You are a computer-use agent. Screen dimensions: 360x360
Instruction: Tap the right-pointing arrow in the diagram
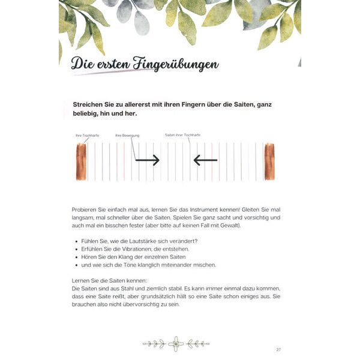point(147,160)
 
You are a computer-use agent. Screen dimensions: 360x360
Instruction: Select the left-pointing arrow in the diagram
point(205,160)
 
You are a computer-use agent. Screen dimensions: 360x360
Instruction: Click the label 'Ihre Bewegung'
point(127,136)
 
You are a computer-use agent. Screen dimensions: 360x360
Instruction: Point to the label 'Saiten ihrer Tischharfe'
point(182,135)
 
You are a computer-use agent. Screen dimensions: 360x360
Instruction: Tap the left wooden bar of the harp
point(81,161)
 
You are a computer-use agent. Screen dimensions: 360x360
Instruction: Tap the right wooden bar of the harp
point(269,161)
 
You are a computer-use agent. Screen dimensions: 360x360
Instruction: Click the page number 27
point(278,350)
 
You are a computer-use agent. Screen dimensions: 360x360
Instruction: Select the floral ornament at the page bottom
point(176,343)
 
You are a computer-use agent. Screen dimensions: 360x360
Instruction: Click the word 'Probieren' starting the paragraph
point(84,209)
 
